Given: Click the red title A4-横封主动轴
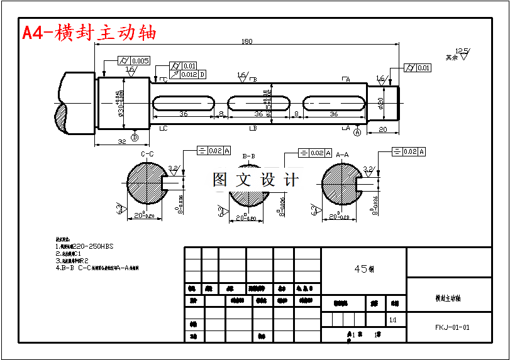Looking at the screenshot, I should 89,33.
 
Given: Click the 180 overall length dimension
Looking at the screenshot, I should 247,41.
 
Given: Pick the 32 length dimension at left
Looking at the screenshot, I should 122,142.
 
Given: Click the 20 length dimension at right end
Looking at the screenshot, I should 382,129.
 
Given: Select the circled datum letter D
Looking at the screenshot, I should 134,137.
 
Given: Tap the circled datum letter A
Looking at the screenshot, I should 357,133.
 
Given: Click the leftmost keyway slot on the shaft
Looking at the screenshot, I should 183,102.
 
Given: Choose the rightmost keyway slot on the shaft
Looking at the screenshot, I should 334,102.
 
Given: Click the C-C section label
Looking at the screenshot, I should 148,154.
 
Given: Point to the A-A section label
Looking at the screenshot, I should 342,154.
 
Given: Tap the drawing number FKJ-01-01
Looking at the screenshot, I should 452,327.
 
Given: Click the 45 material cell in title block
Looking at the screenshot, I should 363,268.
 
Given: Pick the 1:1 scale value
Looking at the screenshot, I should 393,320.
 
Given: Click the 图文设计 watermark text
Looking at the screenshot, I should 255,180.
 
